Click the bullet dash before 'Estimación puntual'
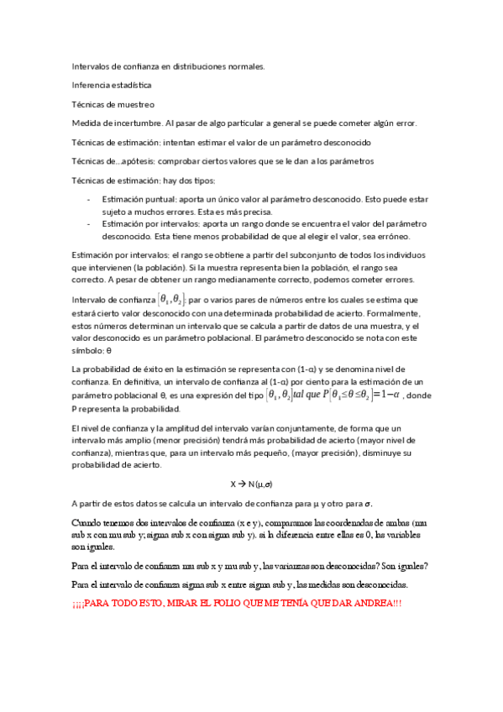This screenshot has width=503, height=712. tap(90, 200)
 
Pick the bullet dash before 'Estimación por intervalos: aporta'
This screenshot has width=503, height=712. tap(90, 225)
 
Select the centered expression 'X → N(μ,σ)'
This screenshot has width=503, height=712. tap(251, 484)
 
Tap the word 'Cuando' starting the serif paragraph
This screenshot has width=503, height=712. tap(89, 523)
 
